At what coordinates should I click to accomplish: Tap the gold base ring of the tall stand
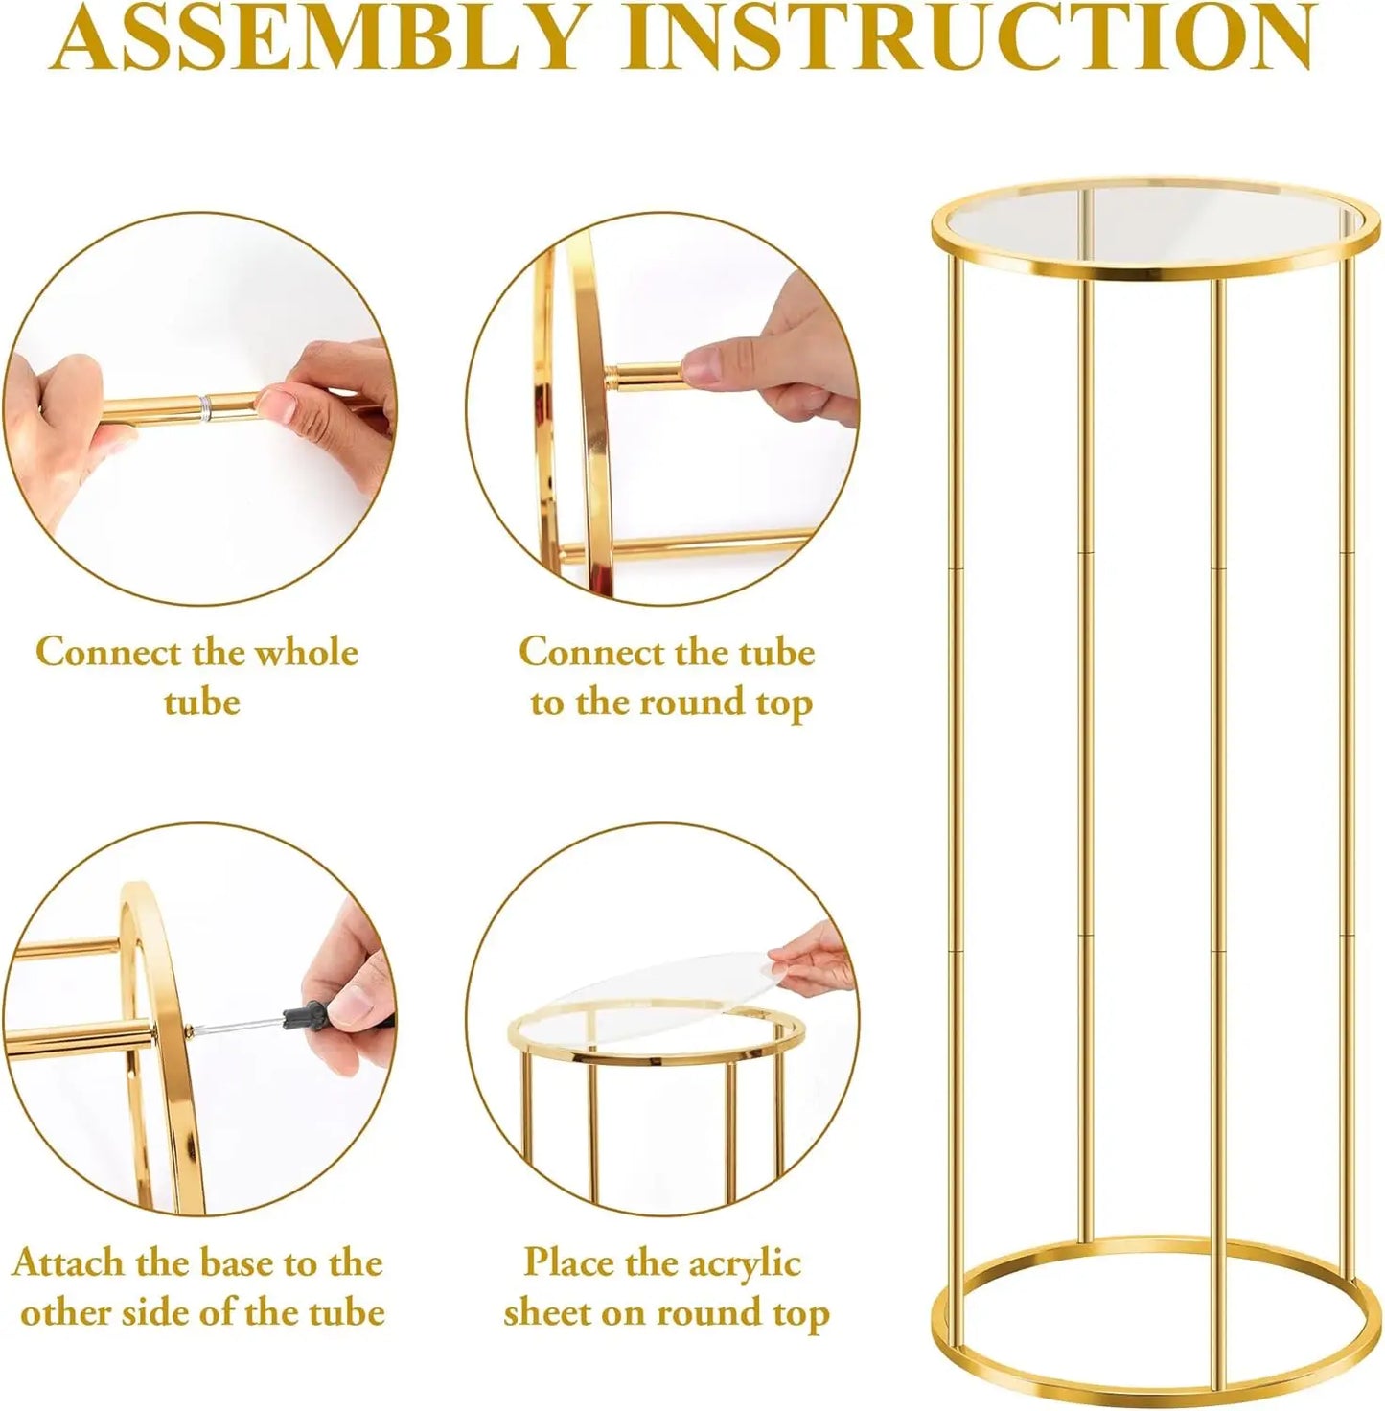(x=1155, y=1380)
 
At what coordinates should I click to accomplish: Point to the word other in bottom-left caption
(x=67, y=1313)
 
